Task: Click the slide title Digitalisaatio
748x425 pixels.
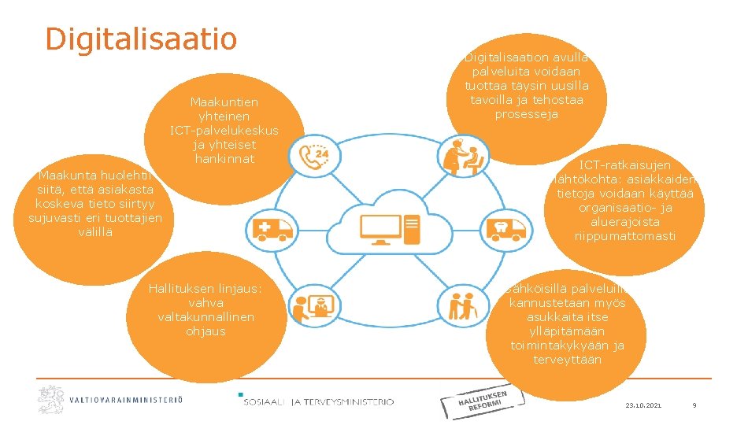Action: [x=141, y=38]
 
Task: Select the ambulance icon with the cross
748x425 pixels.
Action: [x=270, y=229]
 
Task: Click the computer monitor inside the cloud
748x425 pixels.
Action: [x=380, y=227]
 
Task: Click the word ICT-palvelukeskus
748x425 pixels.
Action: [x=224, y=130]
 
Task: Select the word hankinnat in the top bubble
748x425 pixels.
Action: [x=224, y=158]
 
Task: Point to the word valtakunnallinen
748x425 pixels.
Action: [x=206, y=316]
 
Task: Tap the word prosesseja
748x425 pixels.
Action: [x=527, y=114]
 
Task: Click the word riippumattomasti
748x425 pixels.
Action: [x=625, y=236]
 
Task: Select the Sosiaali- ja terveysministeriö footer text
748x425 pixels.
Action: [x=318, y=402]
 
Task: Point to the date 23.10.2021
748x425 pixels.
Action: [x=643, y=405]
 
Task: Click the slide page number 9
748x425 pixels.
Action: [x=694, y=405]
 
